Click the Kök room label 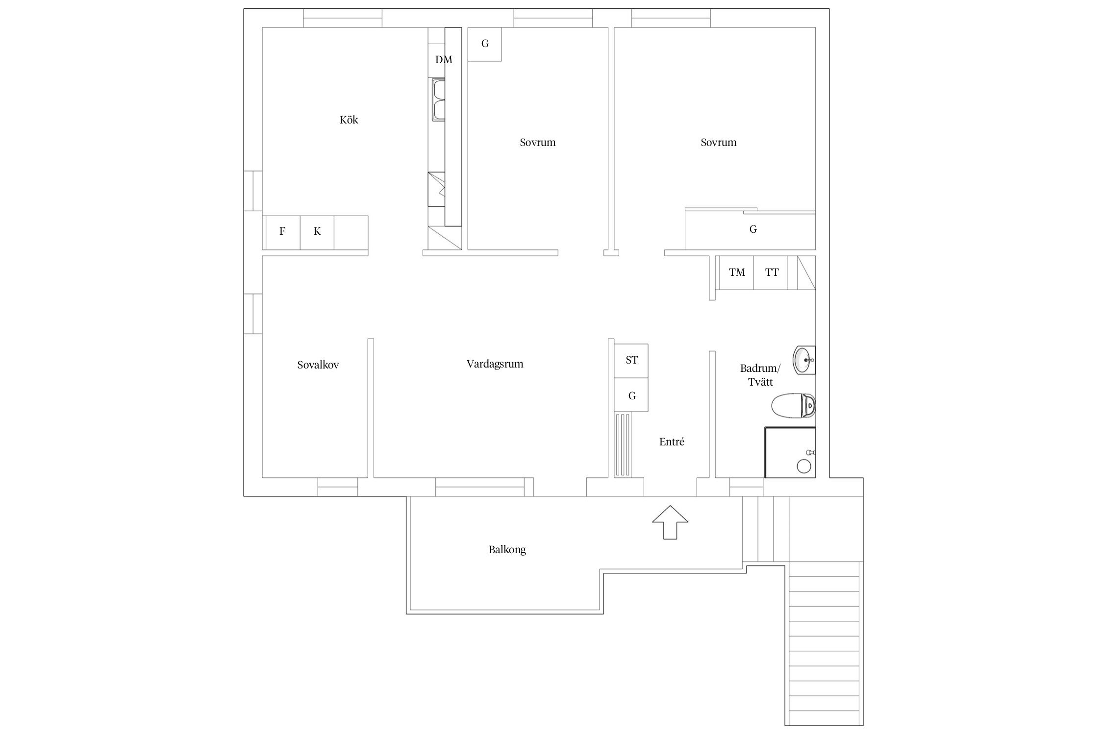click(x=349, y=120)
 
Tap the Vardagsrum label click(x=495, y=364)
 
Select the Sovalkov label click(x=318, y=365)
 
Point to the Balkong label click(x=507, y=550)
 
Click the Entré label click(x=672, y=442)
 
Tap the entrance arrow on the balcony click(x=670, y=522)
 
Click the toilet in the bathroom click(x=793, y=406)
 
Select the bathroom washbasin click(x=804, y=360)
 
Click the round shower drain click(x=804, y=466)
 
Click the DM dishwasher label click(x=444, y=60)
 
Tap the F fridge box click(x=282, y=232)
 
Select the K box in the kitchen click(x=317, y=232)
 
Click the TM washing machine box click(x=736, y=272)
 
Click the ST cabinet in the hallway click(x=631, y=361)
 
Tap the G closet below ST click(x=631, y=394)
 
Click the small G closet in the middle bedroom click(x=485, y=44)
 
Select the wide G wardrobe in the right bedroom click(x=750, y=229)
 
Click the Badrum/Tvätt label click(x=760, y=375)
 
